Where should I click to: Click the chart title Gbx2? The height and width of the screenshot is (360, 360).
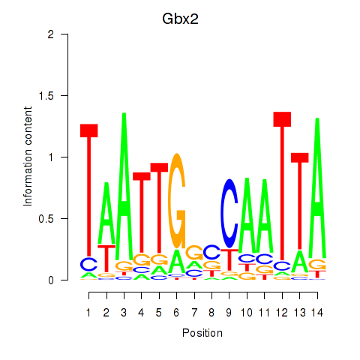(180, 19)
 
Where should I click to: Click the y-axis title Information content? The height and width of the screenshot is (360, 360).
(28, 157)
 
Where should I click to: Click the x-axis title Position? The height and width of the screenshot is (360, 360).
(202, 333)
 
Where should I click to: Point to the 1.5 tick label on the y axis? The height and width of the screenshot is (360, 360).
(46, 95)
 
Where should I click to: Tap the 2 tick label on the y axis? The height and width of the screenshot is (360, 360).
(51, 34)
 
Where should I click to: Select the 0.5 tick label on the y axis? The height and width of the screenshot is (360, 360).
(46, 219)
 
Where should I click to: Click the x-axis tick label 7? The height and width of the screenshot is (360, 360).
(194, 313)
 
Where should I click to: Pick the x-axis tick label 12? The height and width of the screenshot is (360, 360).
(282, 313)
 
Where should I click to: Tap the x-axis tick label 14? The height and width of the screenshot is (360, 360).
(317, 313)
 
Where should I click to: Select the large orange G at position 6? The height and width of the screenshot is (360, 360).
(177, 201)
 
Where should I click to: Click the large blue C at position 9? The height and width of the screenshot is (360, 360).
(229, 214)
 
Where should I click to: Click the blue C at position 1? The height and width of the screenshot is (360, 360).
(89, 264)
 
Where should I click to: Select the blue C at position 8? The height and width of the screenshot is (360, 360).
(211, 252)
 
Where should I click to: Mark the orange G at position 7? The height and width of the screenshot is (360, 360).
(194, 253)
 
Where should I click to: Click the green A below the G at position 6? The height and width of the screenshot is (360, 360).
(177, 261)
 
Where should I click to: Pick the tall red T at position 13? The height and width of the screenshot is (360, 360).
(300, 201)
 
